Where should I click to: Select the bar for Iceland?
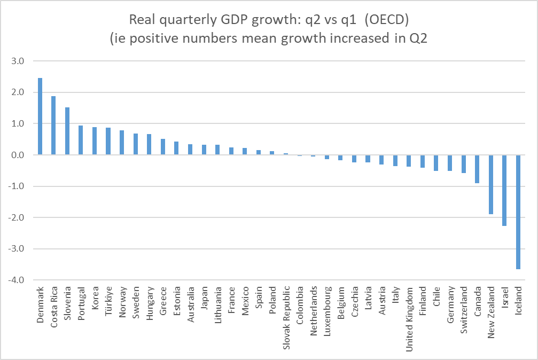pyautogui.click(x=518, y=212)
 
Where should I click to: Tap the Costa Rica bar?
pyautogui.click(x=53, y=126)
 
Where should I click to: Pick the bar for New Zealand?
pyautogui.click(x=491, y=184)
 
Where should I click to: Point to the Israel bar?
pyautogui.click(x=504, y=190)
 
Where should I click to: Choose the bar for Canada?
pyautogui.click(x=477, y=169)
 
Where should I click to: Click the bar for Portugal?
pyautogui.click(x=81, y=140)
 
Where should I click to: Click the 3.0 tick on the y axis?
pyautogui.click(x=18, y=61)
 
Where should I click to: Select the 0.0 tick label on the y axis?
pyautogui.click(x=18, y=155)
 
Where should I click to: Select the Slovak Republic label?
pyautogui.click(x=286, y=313)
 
